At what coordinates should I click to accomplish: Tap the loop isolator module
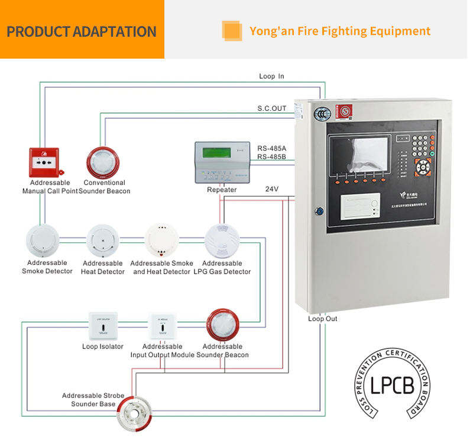(103, 325)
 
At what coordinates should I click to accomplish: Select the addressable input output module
(163, 325)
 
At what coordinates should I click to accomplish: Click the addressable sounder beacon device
(223, 326)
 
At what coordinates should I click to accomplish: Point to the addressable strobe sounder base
(135, 411)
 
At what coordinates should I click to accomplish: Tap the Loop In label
(271, 76)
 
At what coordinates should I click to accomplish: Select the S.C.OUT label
(271, 108)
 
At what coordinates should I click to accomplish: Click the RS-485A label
(271, 148)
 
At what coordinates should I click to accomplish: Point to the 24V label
(271, 189)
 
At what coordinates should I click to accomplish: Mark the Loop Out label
(323, 319)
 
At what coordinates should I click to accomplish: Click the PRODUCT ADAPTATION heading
(82, 31)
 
